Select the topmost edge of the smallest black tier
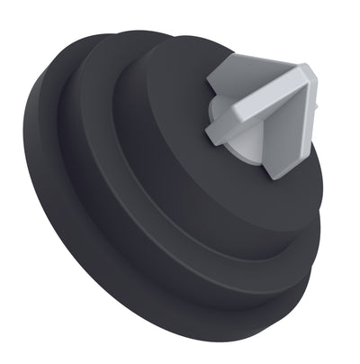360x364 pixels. pyautogui.click(x=180, y=38)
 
